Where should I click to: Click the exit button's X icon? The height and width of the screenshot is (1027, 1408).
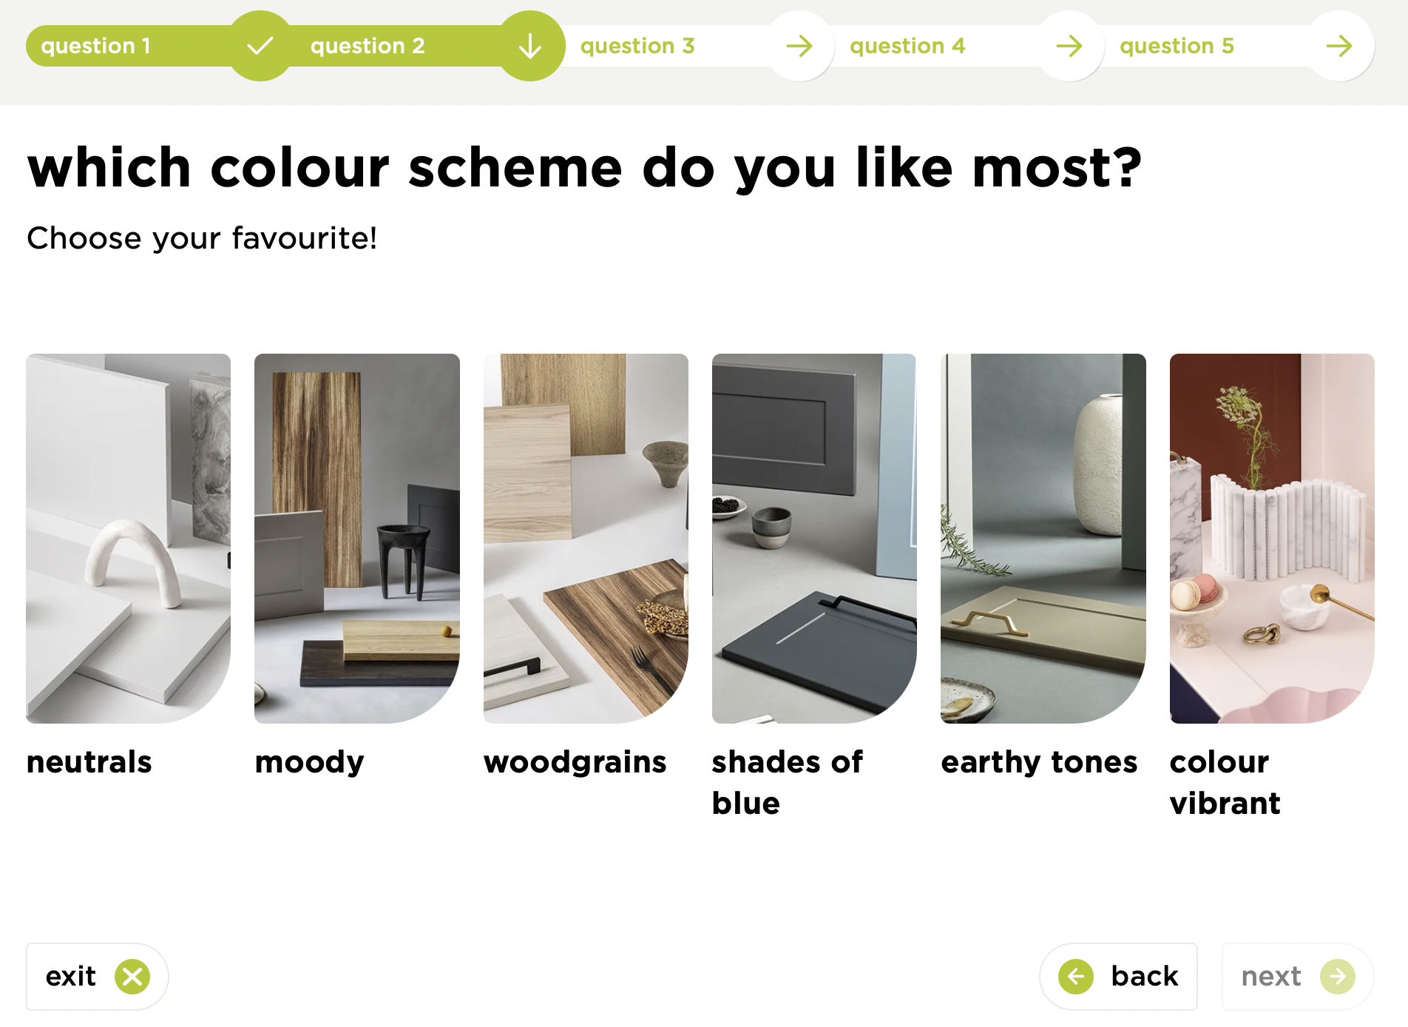tap(132, 977)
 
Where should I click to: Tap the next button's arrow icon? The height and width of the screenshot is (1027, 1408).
tap(1338, 977)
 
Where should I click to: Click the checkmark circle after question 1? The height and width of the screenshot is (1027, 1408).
tap(260, 46)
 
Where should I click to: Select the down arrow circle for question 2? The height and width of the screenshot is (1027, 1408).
tap(530, 46)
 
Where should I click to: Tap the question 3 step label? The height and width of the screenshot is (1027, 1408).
tap(637, 46)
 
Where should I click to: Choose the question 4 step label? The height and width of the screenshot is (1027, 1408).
tap(907, 46)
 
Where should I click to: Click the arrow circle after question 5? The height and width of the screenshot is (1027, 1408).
tap(1339, 46)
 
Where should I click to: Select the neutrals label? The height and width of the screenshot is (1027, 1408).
tap(89, 762)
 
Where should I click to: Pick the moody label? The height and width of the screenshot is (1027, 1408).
tap(309, 762)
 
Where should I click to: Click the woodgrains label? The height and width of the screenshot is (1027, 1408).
tap(575, 762)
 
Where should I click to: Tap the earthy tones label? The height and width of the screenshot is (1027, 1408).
tap(1038, 762)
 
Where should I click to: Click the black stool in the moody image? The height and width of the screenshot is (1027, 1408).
tap(403, 555)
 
